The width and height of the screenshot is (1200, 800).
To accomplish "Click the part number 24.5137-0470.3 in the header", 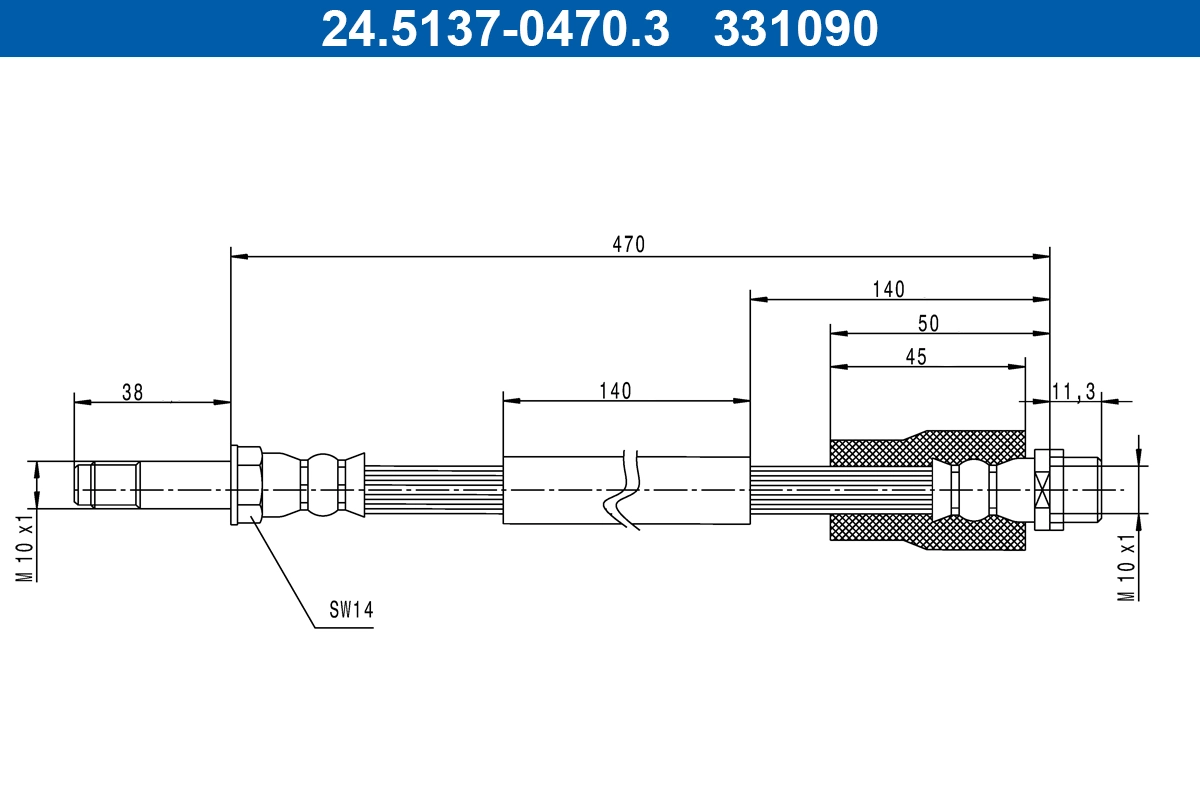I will pos(494,28).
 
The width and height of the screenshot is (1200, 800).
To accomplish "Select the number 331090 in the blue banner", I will pos(795,28).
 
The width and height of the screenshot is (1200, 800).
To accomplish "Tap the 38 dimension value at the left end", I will pos(132,392).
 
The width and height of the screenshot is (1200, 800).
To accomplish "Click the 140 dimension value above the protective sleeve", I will pos(614,391).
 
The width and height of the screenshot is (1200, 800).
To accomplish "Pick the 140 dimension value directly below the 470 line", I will pos(888,289).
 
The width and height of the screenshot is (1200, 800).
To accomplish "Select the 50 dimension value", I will pos(928,323).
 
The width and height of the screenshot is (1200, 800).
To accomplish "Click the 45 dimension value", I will pos(915,357).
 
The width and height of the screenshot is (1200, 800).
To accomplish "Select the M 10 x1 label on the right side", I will pos(1127,565).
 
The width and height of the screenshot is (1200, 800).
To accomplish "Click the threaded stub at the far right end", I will pos(1082,489).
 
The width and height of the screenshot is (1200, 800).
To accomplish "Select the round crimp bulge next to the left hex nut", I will pos(322,487).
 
